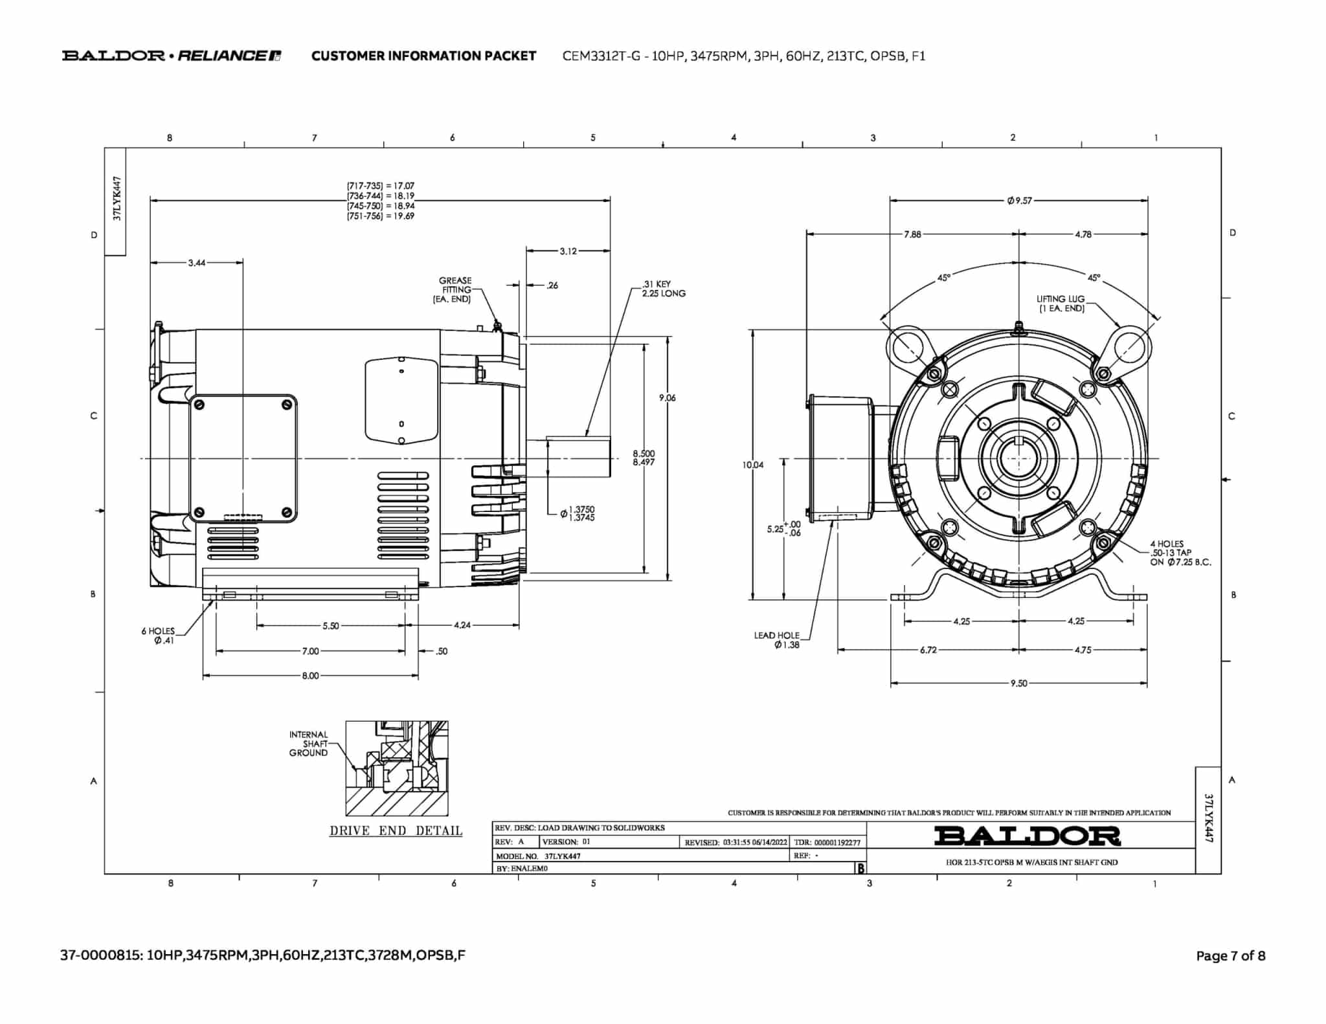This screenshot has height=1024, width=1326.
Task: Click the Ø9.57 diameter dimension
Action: point(1019,201)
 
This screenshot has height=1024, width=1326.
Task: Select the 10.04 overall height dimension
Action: point(753,465)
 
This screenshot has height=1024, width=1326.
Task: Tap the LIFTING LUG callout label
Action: point(1060,304)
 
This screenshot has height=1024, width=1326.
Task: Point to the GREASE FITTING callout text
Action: point(455,290)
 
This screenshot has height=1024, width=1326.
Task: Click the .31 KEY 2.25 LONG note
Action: point(663,289)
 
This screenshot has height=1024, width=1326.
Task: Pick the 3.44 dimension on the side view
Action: point(197,263)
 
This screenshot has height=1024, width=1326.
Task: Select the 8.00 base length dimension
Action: point(310,676)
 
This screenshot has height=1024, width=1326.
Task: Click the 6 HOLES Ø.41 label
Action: point(159,636)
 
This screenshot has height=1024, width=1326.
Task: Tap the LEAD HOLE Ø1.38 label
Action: point(778,640)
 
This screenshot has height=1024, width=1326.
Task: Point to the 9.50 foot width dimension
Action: point(1018,684)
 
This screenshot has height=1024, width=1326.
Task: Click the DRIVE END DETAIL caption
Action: point(396,831)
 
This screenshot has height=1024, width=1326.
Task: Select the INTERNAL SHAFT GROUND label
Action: point(309,744)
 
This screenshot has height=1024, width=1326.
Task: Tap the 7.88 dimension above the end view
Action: point(912,234)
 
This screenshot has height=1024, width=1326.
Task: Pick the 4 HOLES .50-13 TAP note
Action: point(1180,553)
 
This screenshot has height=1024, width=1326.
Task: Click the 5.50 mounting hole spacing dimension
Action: point(330,626)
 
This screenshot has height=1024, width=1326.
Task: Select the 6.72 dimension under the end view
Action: point(928,650)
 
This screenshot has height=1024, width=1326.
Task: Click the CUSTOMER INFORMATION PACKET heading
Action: point(423,56)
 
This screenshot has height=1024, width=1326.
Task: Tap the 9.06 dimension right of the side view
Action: point(667,398)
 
